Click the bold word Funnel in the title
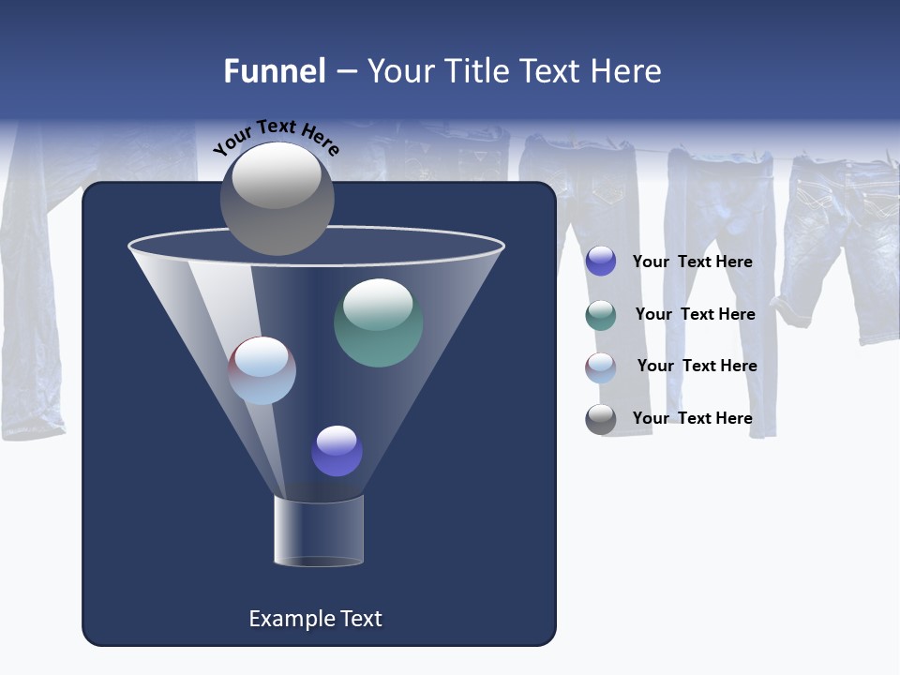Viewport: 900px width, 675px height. [x=274, y=71]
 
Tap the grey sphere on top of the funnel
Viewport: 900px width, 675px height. [x=277, y=199]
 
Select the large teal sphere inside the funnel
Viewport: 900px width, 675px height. [x=378, y=322]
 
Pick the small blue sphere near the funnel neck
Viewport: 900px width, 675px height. [x=337, y=451]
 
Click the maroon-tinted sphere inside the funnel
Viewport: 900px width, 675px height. [x=262, y=370]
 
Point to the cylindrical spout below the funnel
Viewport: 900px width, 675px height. [x=319, y=531]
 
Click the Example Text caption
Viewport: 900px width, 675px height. [x=315, y=619]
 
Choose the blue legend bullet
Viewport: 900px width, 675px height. [x=600, y=262]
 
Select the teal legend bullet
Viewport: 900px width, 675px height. [x=600, y=315]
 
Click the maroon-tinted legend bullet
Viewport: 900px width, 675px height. [x=600, y=367]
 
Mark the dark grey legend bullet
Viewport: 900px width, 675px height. [x=600, y=419]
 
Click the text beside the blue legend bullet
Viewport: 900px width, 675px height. [x=692, y=262]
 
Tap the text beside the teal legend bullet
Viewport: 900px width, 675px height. [x=695, y=314]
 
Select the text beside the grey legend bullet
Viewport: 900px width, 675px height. [x=692, y=418]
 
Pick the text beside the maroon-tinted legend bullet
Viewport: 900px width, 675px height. [x=697, y=366]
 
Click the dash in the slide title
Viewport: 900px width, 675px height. [x=346, y=72]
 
